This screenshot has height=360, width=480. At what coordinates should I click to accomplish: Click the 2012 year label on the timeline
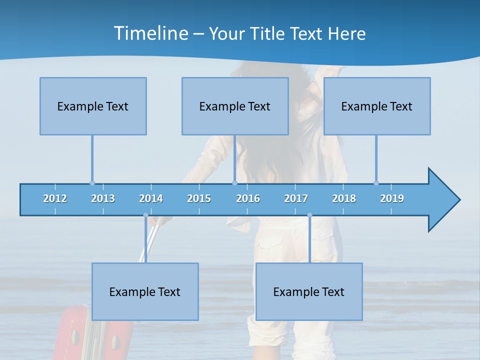(x=55, y=198)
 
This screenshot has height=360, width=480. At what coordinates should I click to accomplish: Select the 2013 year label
(x=103, y=198)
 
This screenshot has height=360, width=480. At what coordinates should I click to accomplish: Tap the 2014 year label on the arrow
(x=151, y=198)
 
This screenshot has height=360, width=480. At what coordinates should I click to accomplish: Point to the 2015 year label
(x=199, y=198)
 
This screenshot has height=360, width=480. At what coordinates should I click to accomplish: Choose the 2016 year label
(x=248, y=198)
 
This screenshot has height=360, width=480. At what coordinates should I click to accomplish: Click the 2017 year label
(x=296, y=198)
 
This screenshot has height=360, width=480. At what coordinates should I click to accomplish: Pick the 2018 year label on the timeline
(x=344, y=198)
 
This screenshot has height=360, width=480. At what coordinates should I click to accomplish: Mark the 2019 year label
(x=392, y=198)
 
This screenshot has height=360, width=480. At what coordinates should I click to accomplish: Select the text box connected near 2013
(x=93, y=106)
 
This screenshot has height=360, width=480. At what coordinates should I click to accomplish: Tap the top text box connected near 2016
(x=235, y=106)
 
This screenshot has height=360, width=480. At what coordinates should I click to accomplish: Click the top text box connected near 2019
(x=377, y=106)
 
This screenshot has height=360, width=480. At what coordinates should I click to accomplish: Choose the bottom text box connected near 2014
(x=145, y=291)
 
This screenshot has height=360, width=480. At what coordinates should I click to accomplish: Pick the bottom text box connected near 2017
(x=309, y=291)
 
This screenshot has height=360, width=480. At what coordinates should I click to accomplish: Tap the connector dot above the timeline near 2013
(x=92, y=183)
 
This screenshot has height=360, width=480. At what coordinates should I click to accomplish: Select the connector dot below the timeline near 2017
(x=309, y=215)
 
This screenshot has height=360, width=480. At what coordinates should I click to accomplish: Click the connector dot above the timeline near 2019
(x=376, y=183)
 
